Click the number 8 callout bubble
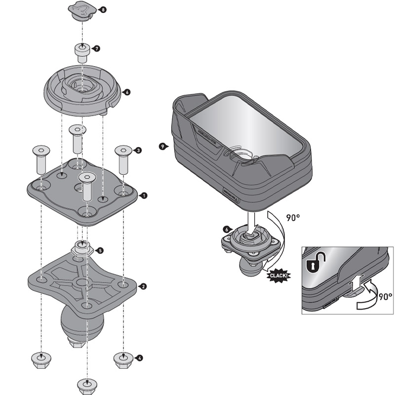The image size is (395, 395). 103,9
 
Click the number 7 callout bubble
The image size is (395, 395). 97,48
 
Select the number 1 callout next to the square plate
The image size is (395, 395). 144,196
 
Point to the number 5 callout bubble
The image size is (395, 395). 101,251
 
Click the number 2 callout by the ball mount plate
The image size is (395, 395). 143,286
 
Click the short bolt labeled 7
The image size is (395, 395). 82,51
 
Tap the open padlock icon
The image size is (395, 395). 312,266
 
